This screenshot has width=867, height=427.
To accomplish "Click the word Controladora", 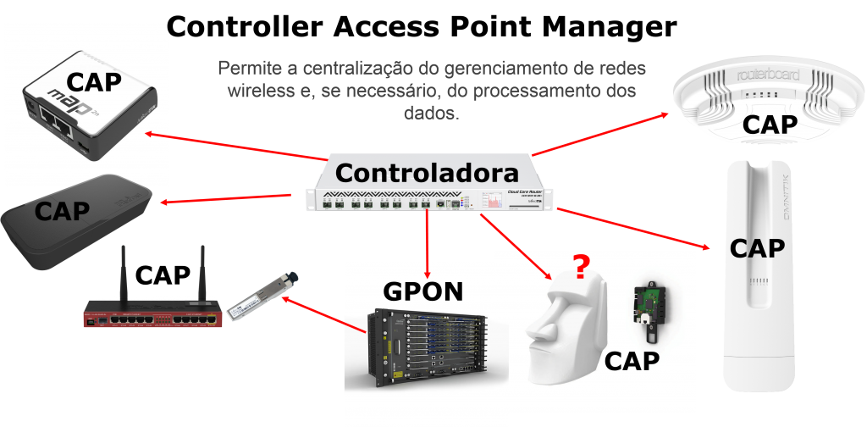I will [426, 173].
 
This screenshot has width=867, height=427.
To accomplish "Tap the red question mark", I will [580, 268].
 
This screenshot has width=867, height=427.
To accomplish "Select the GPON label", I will [424, 291].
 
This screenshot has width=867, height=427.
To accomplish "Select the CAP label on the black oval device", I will [63, 211].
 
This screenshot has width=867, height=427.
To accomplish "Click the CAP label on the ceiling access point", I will [770, 125].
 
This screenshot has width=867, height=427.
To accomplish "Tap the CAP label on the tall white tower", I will [758, 248].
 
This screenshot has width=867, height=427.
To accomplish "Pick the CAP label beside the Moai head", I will [632, 361].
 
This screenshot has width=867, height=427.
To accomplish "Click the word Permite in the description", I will [245, 68].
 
